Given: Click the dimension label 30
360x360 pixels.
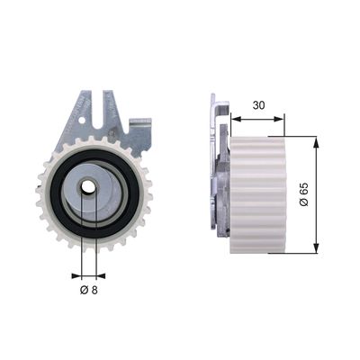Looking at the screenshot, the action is coord(258,105).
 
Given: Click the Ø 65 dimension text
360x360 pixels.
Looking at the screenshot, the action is coord(303,194).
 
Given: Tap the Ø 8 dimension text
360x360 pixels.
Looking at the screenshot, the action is coord(89,290).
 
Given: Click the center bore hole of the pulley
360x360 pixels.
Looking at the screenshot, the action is coord(88,187).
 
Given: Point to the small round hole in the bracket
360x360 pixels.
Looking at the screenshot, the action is coord(82,121).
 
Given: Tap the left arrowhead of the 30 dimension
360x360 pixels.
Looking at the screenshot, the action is coord(236,120).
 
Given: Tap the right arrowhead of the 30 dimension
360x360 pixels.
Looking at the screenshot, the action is coord(279,120).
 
